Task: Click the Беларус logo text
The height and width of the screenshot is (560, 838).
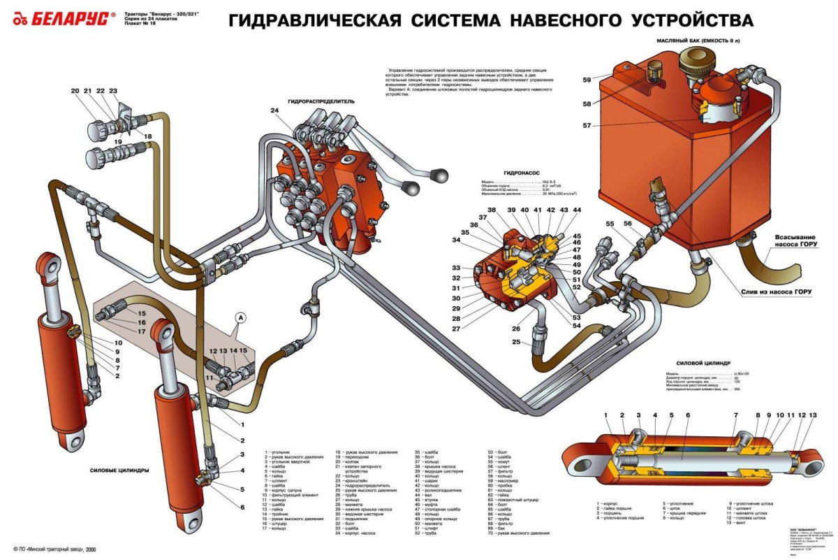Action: point(69,20)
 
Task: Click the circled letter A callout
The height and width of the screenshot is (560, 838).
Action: point(241,317)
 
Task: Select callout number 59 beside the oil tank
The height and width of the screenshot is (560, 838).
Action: point(587,80)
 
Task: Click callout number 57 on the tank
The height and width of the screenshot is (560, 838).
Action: point(587,126)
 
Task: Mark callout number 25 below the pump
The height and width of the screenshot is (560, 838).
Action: point(517,342)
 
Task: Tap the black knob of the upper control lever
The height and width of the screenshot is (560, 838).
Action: point(441,175)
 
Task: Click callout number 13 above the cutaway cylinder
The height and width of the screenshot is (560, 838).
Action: point(811,416)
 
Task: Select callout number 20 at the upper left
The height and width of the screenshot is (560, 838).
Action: point(75,92)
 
